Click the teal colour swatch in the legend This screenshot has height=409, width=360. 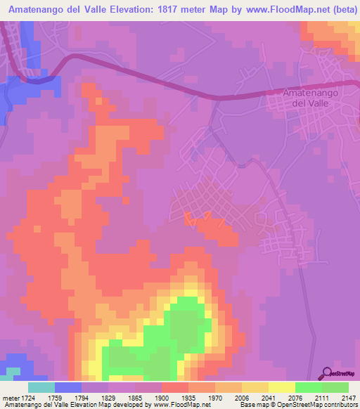(41, 388)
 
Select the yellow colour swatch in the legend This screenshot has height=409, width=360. (281, 388)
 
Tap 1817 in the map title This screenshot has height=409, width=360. (172, 10)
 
